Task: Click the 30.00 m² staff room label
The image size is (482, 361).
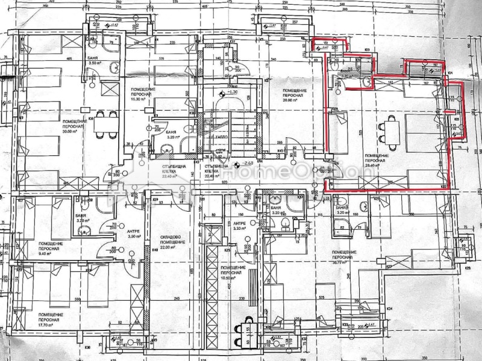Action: point(74,126)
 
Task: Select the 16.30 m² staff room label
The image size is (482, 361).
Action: point(144,95)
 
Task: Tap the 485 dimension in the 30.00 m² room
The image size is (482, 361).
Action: point(69,58)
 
